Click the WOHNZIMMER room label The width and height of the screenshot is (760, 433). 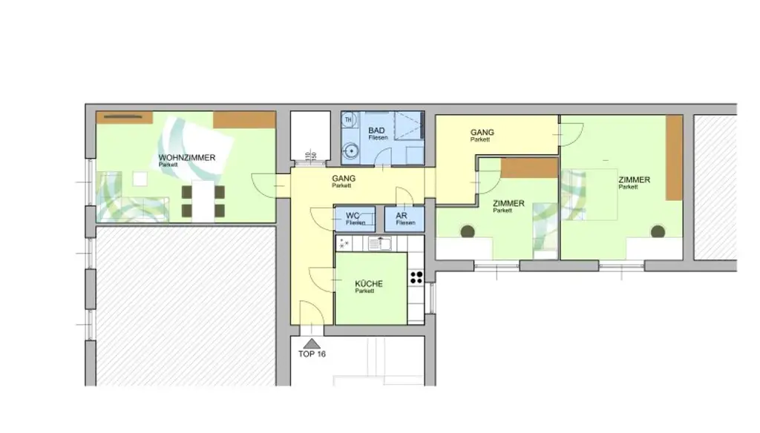(x=186, y=158)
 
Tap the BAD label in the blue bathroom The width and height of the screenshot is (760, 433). (x=377, y=130)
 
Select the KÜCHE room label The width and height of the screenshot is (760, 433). (x=369, y=284)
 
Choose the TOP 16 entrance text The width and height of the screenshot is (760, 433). (x=312, y=354)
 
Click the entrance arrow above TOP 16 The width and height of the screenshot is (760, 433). (x=312, y=343)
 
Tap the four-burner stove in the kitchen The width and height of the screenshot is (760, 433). (x=416, y=278)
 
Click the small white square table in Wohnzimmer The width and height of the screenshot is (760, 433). (x=140, y=179)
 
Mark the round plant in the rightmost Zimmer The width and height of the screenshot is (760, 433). (x=658, y=231)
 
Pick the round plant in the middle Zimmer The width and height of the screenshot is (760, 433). (x=468, y=231)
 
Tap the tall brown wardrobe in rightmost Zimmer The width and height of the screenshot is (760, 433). (x=674, y=158)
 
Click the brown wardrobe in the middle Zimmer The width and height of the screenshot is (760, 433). (x=528, y=168)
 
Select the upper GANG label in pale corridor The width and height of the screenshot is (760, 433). (x=482, y=133)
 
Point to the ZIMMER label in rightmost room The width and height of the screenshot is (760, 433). (x=634, y=180)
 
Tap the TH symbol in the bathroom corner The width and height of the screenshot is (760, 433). (x=348, y=119)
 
